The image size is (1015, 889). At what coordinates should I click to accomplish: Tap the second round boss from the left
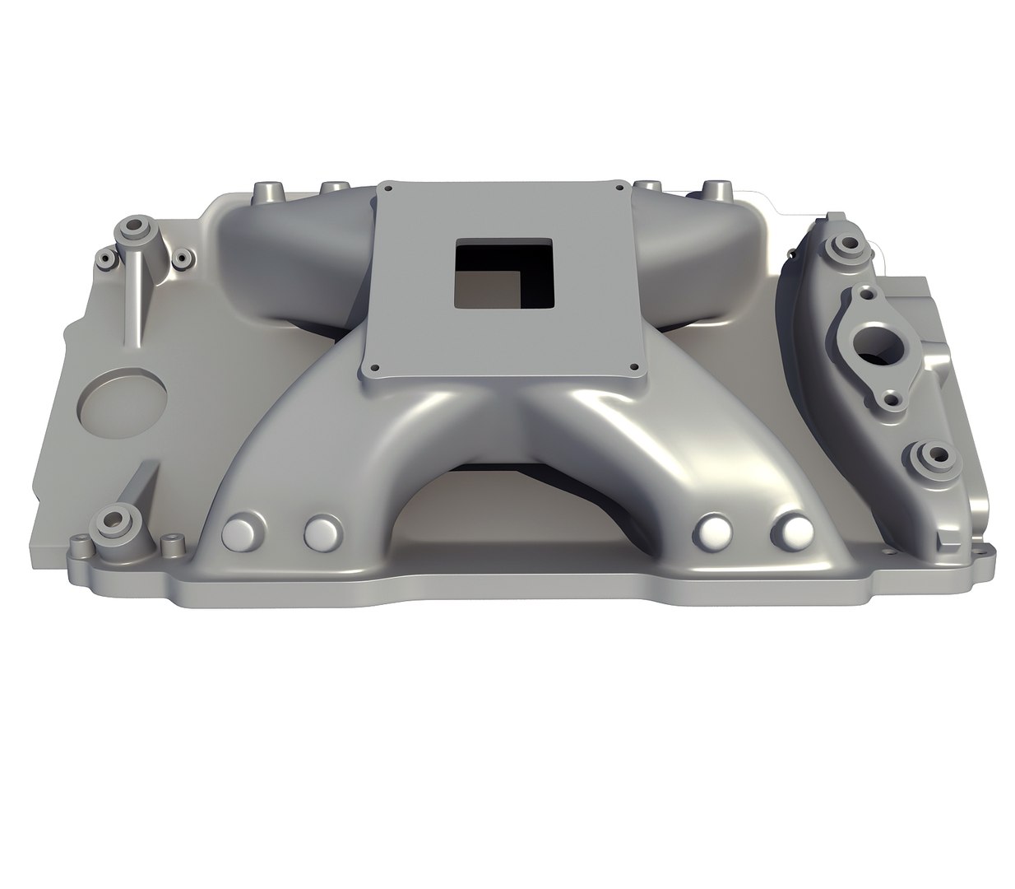(322, 533)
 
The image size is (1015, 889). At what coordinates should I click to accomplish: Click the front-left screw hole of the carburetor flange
(374, 368)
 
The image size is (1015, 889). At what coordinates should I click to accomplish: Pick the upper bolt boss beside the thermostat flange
(841, 245)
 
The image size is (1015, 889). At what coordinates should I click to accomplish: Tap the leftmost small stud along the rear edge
(268, 193)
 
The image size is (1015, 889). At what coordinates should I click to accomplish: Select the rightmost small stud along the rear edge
(712, 189)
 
